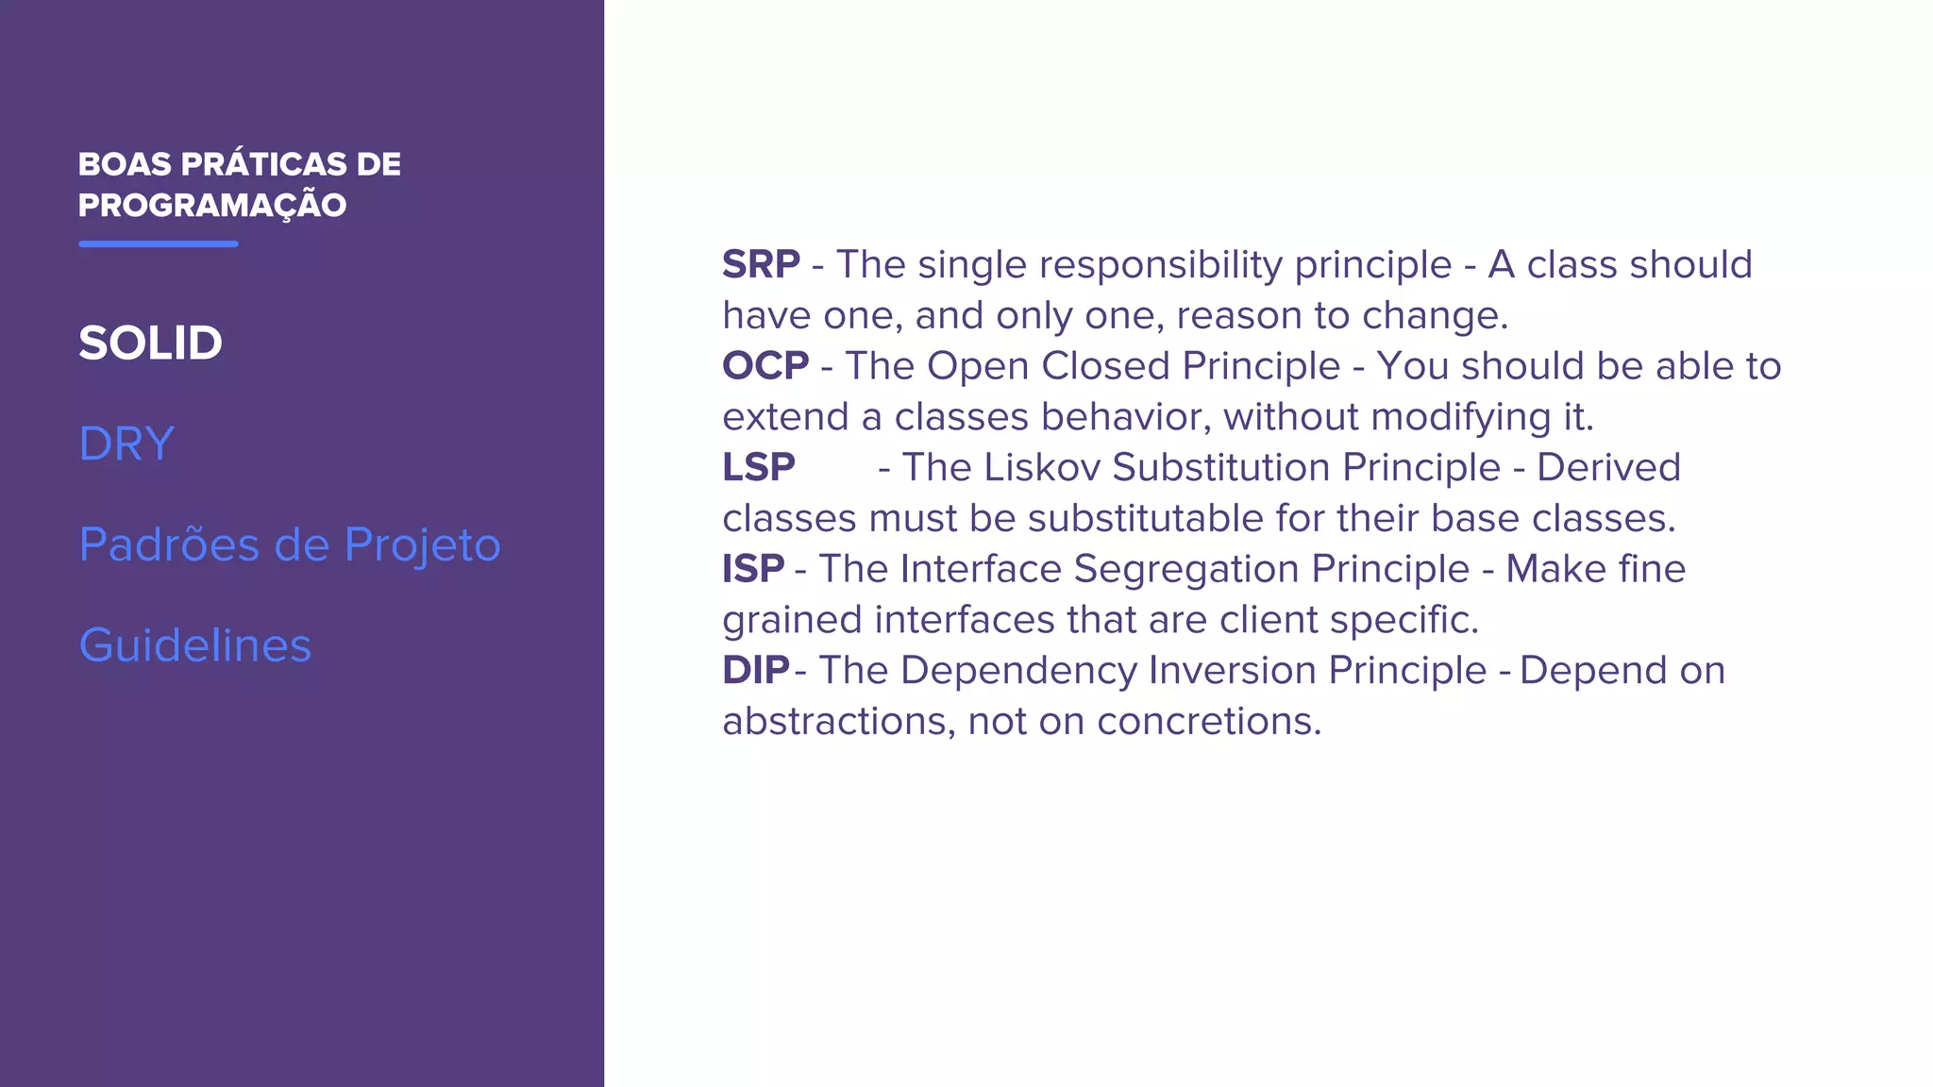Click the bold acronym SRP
tap(761, 265)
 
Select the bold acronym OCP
tap(765, 366)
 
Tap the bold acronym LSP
tap(759, 468)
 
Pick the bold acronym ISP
tap(753, 569)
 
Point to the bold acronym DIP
tap(755, 671)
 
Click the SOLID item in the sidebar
tap(150, 343)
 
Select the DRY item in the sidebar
tap(126, 443)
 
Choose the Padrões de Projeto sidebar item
tap(289, 544)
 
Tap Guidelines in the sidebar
tap(194, 645)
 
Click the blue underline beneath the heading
tap(159, 243)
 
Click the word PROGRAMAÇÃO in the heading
tap(212, 206)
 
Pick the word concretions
tap(1208, 722)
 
